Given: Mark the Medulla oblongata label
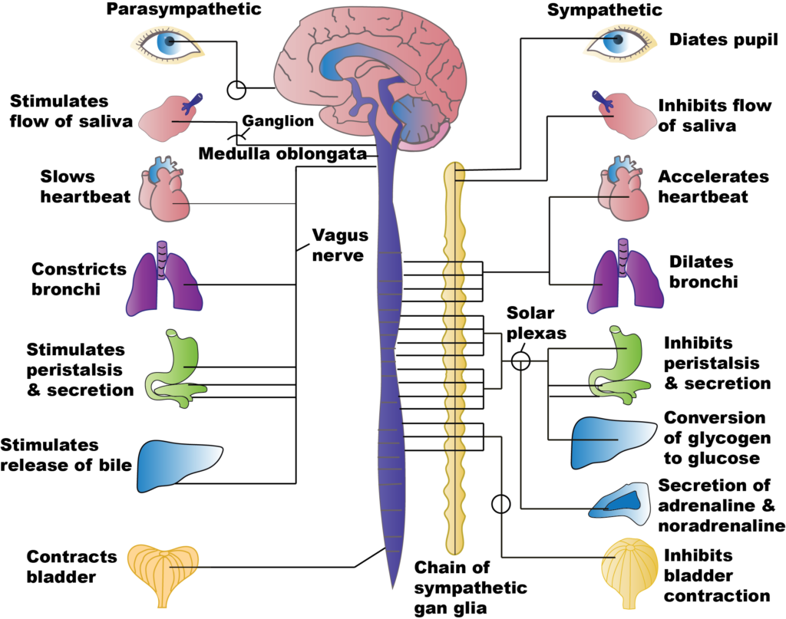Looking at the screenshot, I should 282,154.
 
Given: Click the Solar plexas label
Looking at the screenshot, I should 537,324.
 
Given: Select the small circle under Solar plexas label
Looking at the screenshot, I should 521,359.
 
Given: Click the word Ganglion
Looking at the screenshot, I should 278,121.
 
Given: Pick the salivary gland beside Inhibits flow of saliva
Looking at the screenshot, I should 621,114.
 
